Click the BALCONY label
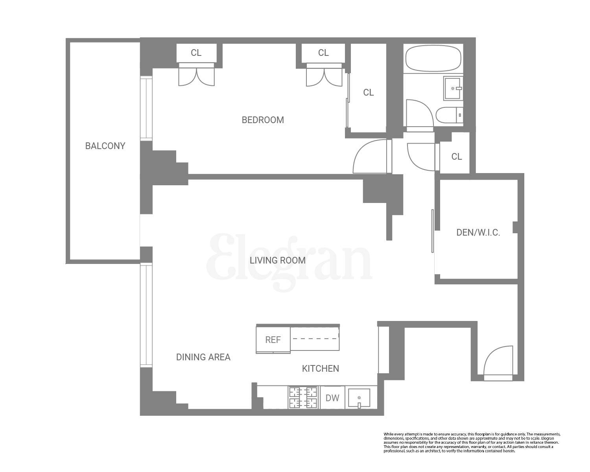click(x=105, y=146)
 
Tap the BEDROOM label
click(x=263, y=120)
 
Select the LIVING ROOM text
click(x=278, y=260)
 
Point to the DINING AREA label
click(x=203, y=357)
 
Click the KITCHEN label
click(x=320, y=369)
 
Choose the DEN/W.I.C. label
click(x=478, y=232)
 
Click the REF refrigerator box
click(x=273, y=340)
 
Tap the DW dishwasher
click(x=332, y=398)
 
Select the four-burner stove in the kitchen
click(x=303, y=398)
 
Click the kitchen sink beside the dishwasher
click(x=359, y=398)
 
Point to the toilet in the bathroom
click(x=448, y=115)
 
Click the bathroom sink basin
click(x=453, y=88)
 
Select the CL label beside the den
click(x=456, y=157)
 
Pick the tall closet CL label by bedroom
click(x=368, y=92)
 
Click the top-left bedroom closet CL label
click(x=196, y=53)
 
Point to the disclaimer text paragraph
click(x=472, y=442)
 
